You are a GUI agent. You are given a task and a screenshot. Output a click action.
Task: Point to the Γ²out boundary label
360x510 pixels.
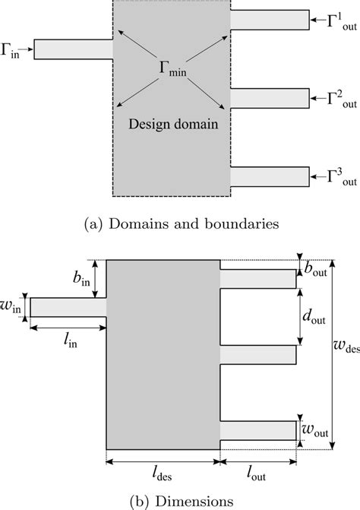tap(334, 98)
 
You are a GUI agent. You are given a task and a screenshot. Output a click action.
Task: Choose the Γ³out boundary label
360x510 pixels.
tap(334, 176)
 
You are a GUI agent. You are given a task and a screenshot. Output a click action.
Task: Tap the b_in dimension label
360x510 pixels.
tap(83, 279)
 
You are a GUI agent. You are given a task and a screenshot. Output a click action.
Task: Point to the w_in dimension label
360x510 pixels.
tap(13, 306)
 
